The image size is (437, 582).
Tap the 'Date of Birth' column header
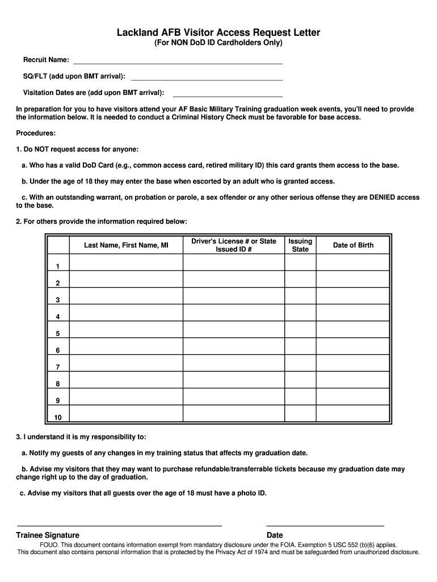tap(353, 246)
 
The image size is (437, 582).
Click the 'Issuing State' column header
tap(300, 246)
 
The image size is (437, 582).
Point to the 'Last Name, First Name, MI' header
tap(126, 246)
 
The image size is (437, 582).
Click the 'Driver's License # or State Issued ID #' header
tap(233, 246)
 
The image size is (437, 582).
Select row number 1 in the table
tap(58, 266)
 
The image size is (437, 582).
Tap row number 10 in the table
tap(58, 418)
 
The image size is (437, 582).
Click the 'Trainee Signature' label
tap(48, 535)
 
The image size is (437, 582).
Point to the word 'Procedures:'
tap(36, 133)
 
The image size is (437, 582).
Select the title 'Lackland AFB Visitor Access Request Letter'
tap(218, 33)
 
